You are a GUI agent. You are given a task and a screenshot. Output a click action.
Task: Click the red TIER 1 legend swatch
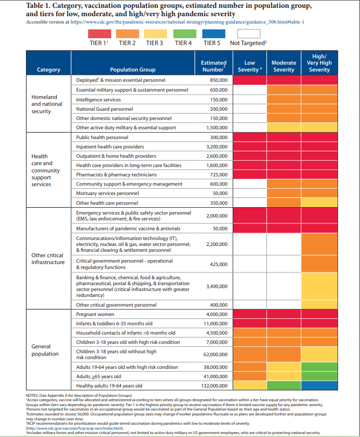coord(99,34)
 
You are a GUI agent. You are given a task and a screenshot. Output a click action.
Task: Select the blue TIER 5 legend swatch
coord(214,34)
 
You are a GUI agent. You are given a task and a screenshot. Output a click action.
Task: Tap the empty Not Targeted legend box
coord(249,34)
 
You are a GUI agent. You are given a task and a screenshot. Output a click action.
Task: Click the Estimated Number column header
coord(214,66)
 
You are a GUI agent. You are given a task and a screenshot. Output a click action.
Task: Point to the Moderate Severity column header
coord(284,66)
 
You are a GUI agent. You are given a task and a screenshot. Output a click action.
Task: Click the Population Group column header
coord(133,70)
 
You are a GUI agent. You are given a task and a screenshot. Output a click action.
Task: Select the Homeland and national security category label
coord(47,104)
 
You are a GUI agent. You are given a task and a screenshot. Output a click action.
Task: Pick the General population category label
coord(45,350)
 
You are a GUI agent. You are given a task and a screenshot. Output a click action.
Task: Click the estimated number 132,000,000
coord(214,386)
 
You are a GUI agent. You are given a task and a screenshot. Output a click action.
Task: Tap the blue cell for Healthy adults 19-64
coord(319,386)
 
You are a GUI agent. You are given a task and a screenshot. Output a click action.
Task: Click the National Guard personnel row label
coord(104,109)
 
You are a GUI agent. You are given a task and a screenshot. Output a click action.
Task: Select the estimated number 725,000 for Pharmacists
coord(219,175)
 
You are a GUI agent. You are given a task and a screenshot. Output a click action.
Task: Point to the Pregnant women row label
coord(95,315)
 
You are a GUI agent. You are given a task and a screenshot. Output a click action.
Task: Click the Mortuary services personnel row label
coord(107,194)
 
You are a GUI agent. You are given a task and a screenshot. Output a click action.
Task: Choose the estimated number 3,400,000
coord(217,286)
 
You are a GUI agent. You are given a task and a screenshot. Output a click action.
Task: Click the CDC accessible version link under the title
coord(187,22)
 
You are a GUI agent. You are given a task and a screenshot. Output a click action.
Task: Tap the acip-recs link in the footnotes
coord(75,428)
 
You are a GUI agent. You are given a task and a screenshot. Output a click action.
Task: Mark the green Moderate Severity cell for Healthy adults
coord(284,386)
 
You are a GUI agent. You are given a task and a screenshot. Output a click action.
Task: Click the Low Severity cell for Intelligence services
coord(250,99)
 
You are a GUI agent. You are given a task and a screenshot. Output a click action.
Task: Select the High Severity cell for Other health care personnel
coord(319,203)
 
